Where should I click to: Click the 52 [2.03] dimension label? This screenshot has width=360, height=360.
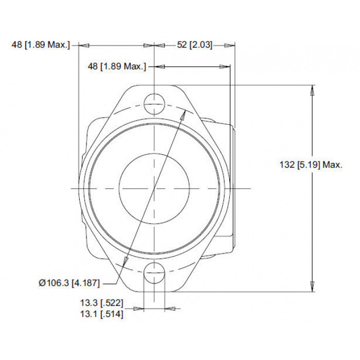[195, 45]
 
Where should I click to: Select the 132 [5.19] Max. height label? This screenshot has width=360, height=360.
[311, 165]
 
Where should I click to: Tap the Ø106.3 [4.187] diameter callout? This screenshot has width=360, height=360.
[69, 283]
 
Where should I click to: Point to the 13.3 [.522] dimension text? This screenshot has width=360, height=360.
[101, 303]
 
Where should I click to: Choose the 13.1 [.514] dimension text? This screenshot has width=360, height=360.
[101, 314]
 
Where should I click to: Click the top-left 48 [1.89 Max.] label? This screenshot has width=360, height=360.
[41, 45]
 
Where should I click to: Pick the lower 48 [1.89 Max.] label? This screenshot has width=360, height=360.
[117, 66]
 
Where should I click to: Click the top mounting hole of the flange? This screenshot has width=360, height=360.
[154, 104]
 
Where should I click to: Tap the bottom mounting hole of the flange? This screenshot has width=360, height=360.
[154, 273]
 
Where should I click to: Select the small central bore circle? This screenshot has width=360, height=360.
[154, 189]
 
